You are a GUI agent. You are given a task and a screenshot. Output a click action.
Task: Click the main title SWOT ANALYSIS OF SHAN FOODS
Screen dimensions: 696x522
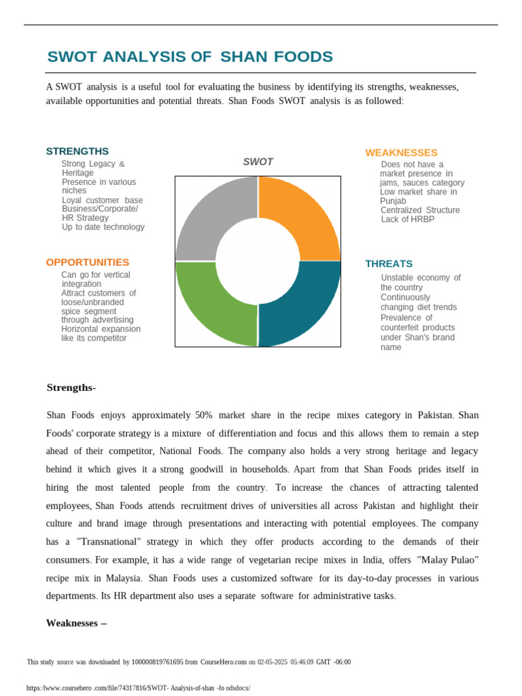190,57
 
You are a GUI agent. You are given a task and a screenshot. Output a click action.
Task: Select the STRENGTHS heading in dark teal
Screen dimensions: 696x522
77,151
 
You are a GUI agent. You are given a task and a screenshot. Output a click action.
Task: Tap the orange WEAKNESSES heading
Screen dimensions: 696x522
401,152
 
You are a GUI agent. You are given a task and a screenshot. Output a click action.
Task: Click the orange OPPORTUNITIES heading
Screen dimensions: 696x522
87,262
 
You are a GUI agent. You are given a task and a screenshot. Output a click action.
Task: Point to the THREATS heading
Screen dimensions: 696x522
389,264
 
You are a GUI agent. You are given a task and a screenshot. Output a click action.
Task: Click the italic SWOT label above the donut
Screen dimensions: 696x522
258,162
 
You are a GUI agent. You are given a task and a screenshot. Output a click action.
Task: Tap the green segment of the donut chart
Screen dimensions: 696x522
209,306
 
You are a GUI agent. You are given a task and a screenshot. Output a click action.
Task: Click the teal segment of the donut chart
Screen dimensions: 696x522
306,306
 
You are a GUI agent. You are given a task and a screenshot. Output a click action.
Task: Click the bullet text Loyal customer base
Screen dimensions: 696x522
102,201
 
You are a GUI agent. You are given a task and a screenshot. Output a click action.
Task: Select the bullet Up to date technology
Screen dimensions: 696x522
103,227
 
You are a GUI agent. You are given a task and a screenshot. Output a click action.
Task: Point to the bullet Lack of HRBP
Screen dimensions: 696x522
407,220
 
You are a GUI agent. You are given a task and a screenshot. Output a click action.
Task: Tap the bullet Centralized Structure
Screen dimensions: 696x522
420,210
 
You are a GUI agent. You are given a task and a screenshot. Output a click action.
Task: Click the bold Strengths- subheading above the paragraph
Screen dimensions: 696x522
71,387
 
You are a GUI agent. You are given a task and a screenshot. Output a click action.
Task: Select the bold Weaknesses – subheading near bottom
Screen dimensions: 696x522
76,623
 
